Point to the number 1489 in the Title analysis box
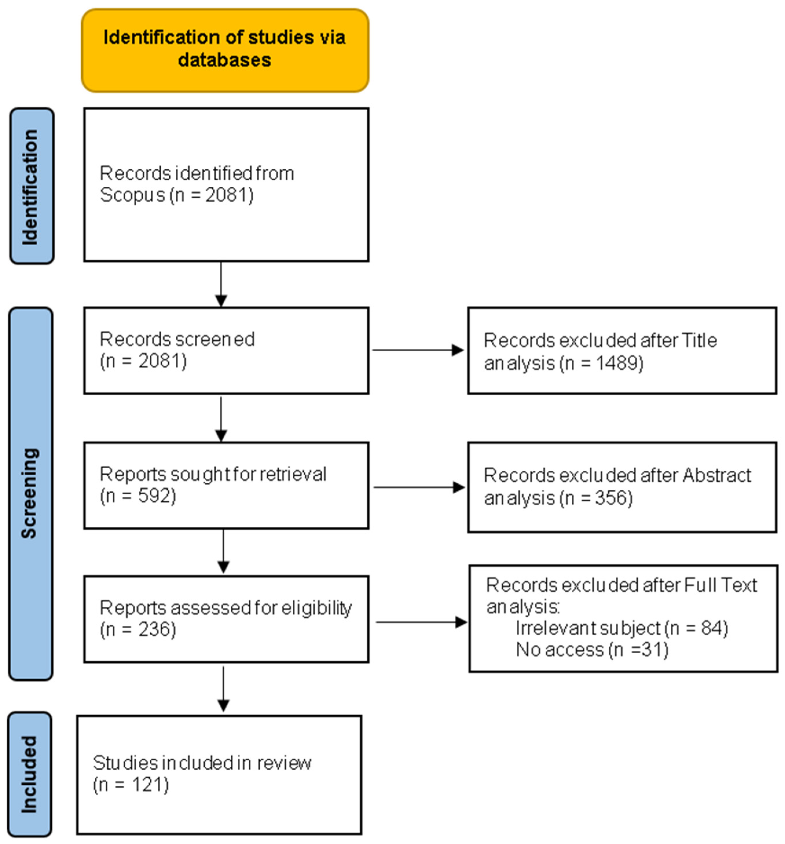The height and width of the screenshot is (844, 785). click(x=619, y=363)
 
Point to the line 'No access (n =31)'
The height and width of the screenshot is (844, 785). click(x=592, y=649)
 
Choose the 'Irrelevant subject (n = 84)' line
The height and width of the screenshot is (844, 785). click(x=621, y=628)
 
